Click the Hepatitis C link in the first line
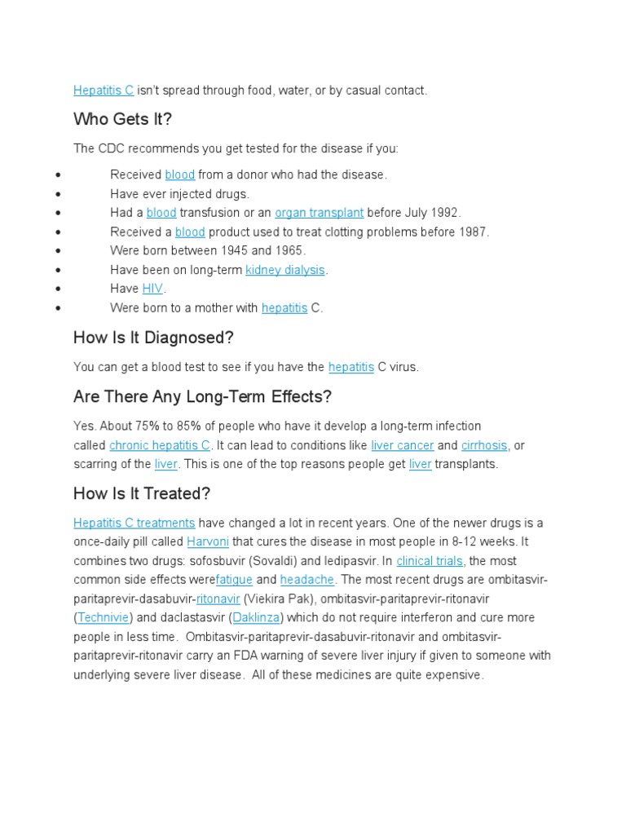[x=104, y=91]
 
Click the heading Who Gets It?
[x=122, y=120]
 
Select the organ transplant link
[x=319, y=213]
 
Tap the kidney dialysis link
[x=285, y=270]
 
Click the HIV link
[x=153, y=289]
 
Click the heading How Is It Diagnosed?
[x=153, y=338]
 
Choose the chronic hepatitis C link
[x=160, y=445]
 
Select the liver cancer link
[x=402, y=445]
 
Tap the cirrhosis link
[x=484, y=445]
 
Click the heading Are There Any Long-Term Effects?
[x=202, y=397]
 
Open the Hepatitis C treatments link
[x=134, y=523]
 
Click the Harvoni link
[x=208, y=541]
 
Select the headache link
[x=307, y=580]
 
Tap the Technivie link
[x=104, y=617]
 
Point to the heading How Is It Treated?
[x=142, y=494]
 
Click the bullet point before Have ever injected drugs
[x=57, y=194]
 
